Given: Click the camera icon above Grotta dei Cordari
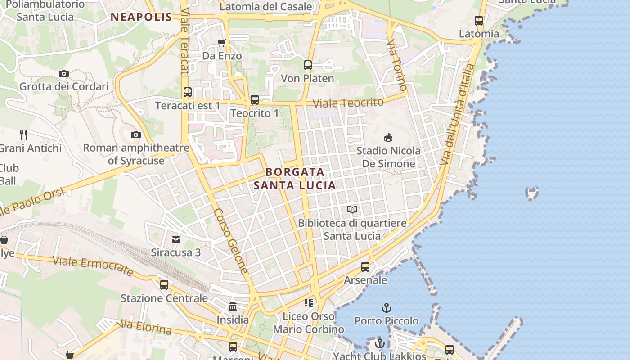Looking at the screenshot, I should tap(64, 73).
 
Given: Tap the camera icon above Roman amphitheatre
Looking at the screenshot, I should tap(135, 135).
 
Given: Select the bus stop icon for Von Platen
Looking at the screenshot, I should tap(308, 65).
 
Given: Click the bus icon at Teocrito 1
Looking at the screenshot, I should tap(255, 100).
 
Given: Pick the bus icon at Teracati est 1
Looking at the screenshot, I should tap(188, 92).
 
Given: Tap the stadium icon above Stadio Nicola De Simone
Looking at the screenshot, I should tap(388, 137).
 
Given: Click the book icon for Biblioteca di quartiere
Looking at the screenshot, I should tap(352, 209).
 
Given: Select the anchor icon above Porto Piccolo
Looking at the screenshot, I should tap(386, 308).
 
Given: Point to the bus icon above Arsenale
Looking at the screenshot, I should tap(365, 267).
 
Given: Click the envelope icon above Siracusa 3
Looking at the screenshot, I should tap(176, 239).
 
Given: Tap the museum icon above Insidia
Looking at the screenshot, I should tap(233, 306).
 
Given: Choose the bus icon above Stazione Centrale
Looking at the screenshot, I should tap(164, 285).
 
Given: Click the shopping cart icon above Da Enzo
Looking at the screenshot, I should tap(221, 43).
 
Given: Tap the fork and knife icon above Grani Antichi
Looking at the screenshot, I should tap(23, 135).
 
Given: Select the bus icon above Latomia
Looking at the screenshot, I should tap(479, 21).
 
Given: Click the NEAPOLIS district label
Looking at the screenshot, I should tap(141, 17).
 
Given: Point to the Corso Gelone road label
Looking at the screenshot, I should tap(231, 241).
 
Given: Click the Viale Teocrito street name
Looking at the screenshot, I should tap(348, 103).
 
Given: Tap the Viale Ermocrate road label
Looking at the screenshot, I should tap(93, 266).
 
